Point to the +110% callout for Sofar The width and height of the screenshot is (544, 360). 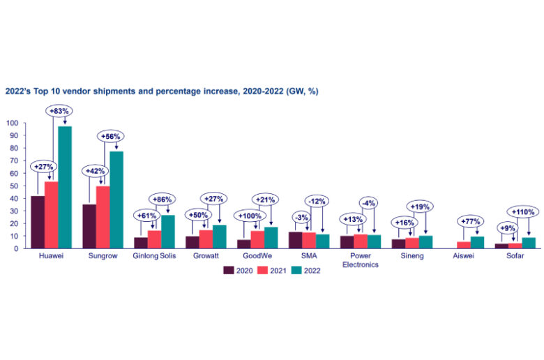[x=522, y=211]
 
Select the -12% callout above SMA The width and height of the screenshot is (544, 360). [x=318, y=202]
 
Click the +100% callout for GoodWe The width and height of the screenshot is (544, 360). [x=248, y=216]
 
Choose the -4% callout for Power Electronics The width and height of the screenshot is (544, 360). [x=370, y=203]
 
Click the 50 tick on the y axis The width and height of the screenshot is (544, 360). [x=15, y=186]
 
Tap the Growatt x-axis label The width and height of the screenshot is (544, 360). [x=206, y=257]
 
